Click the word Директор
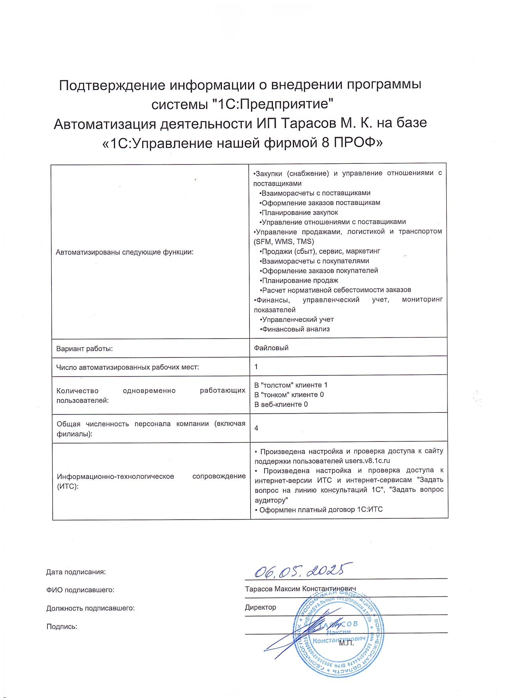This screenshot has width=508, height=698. coord(261,607)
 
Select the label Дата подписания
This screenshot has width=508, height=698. coord(76,572)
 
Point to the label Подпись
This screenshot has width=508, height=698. coord(62,626)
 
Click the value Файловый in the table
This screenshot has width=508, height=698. coord(271,348)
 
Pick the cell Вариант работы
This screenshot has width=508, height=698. coord(84,349)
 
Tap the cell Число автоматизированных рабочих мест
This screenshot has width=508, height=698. coord(127,367)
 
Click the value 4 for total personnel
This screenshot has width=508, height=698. coord(256,428)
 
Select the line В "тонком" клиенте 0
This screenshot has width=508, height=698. coord(289,395)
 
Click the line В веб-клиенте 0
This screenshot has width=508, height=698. coord(281,404)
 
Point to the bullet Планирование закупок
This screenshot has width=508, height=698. coord(299,212)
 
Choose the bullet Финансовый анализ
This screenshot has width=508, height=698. coord(295,329)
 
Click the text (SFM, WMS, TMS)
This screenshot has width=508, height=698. coord(284,241)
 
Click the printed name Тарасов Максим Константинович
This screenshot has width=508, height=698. coord(300,589)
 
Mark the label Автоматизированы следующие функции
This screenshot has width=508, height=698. coord(125,252)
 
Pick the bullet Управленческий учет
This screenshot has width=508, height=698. coord(297,320)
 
